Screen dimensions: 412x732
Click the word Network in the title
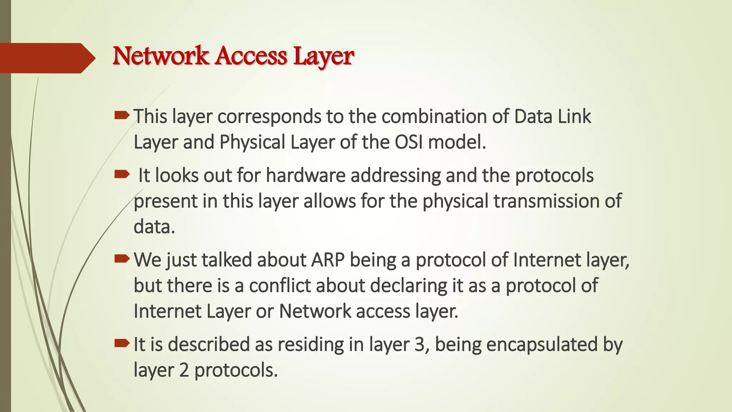point(160,56)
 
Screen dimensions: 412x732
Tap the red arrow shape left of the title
point(46,58)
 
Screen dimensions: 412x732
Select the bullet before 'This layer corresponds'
point(122,115)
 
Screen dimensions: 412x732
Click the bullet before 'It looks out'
point(122,175)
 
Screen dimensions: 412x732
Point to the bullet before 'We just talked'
point(122,259)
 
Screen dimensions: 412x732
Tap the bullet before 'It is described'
point(122,344)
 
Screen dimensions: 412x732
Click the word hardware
point(306,176)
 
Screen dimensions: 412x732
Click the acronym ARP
point(328,260)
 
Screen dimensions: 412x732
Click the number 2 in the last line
point(184,370)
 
